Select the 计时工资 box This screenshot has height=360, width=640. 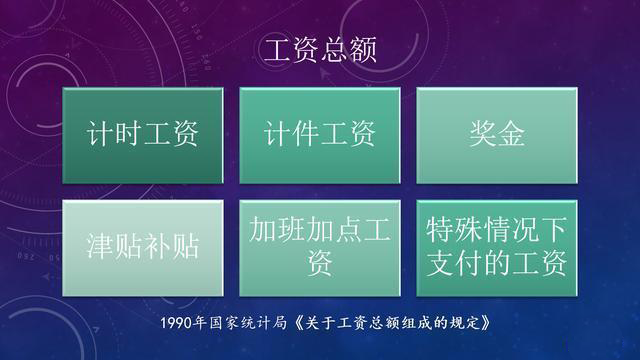pyautogui.click(x=142, y=135)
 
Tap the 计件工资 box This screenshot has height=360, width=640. pyautogui.click(x=319, y=135)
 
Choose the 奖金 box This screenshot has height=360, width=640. pyautogui.click(x=496, y=135)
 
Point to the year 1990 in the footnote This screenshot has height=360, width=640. pyautogui.click(x=180, y=325)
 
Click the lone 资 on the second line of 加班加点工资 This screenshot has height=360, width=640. pyautogui.click(x=319, y=264)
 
